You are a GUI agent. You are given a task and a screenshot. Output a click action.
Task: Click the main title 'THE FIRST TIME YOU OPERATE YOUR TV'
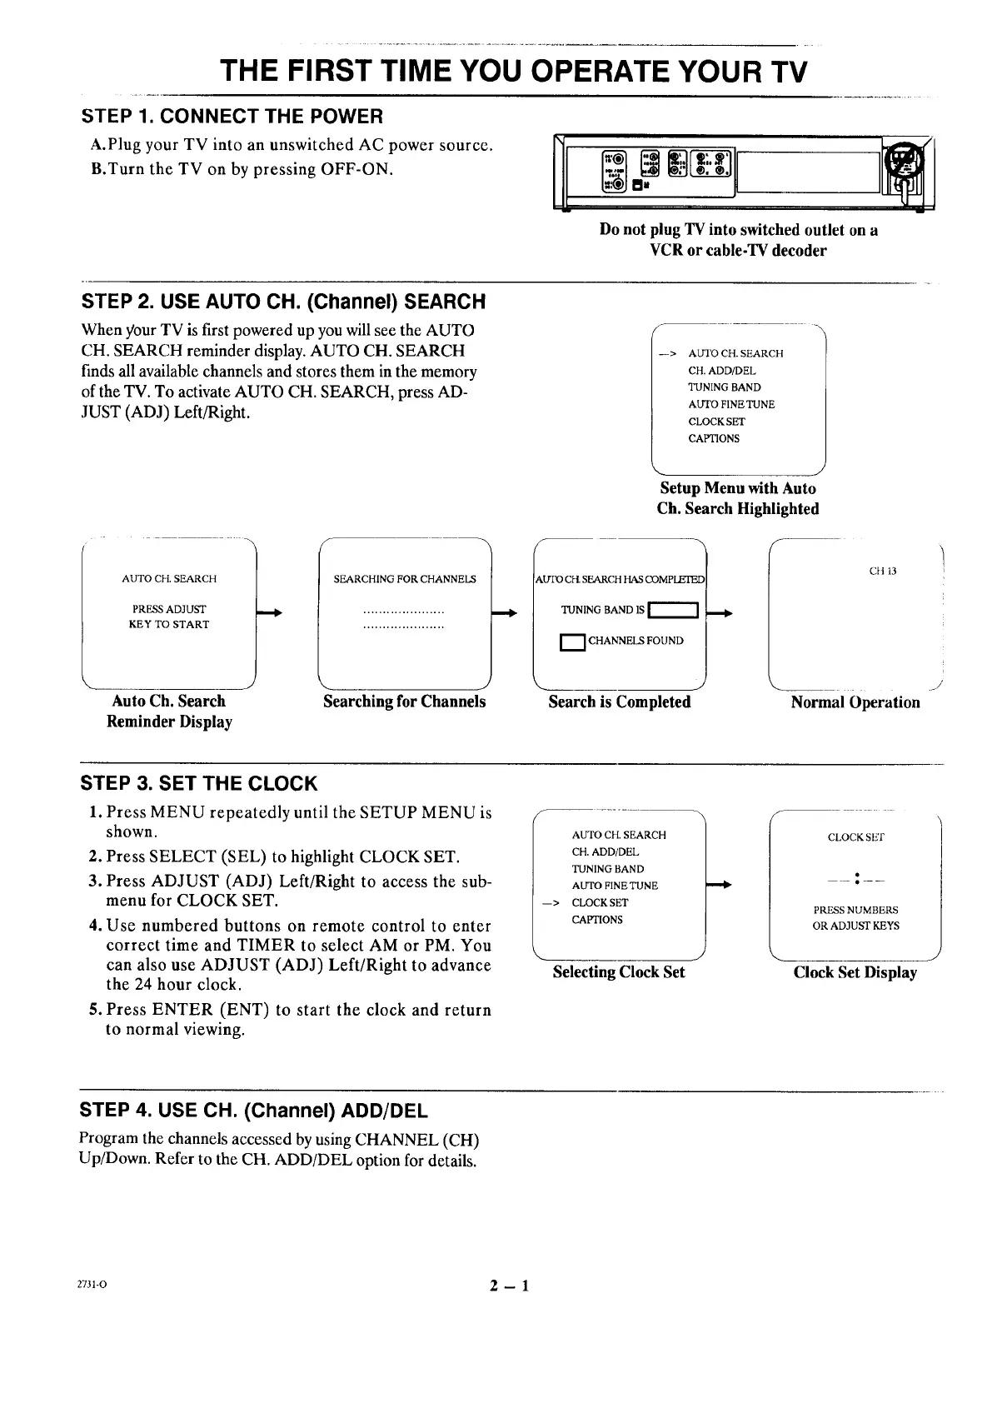pyautogui.click(x=514, y=72)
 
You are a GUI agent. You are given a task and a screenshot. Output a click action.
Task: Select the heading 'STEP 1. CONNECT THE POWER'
pyautogui.click(x=232, y=116)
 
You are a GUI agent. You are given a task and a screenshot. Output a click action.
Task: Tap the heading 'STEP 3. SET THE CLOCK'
pyautogui.click(x=198, y=783)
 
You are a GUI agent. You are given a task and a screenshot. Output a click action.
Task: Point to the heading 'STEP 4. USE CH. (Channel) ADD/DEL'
pyautogui.click(x=253, y=1111)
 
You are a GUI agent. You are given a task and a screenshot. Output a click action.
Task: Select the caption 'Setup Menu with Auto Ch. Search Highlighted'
pyautogui.click(x=738, y=498)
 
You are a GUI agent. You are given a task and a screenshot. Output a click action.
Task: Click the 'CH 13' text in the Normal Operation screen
pyautogui.click(x=882, y=572)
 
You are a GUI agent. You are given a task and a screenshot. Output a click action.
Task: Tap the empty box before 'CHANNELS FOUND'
pyautogui.click(x=573, y=642)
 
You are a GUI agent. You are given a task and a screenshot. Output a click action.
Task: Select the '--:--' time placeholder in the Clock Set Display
pyautogui.click(x=855, y=879)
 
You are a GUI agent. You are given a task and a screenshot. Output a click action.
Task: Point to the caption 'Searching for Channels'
pyautogui.click(x=404, y=701)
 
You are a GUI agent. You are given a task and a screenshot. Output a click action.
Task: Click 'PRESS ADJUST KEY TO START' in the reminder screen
pyautogui.click(x=168, y=617)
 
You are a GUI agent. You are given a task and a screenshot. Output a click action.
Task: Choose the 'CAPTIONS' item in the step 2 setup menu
pyautogui.click(x=714, y=438)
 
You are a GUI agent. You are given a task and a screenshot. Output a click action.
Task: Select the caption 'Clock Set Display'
pyautogui.click(x=855, y=972)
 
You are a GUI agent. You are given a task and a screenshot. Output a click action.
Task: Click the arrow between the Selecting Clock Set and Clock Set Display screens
pyautogui.click(x=720, y=885)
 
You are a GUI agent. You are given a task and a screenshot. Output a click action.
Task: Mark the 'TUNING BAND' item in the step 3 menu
pyautogui.click(x=607, y=869)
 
